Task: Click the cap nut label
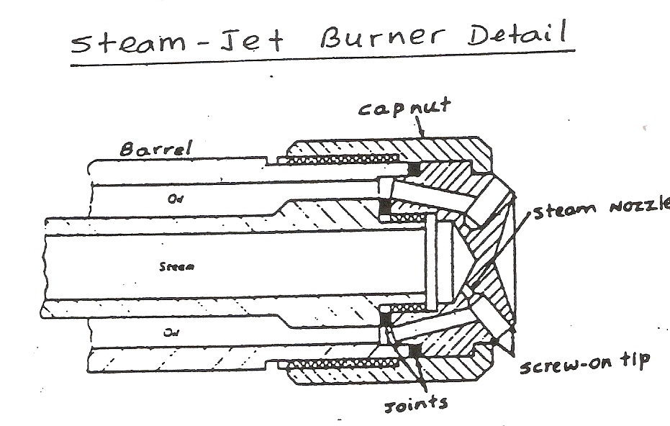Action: (x=404, y=108)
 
